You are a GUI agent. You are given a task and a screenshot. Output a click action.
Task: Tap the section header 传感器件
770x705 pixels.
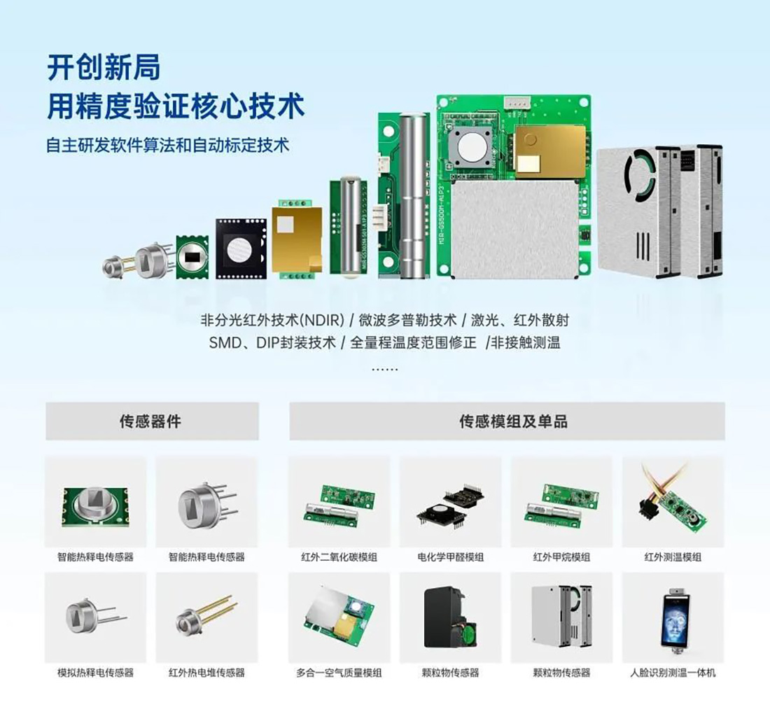(x=150, y=421)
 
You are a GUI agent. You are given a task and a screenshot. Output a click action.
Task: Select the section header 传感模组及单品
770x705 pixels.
(x=513, y=421)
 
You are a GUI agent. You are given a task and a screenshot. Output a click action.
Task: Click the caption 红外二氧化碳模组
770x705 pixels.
(x=339, y=557)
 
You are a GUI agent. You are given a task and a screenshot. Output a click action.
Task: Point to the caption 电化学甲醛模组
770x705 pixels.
(x=450, y=557)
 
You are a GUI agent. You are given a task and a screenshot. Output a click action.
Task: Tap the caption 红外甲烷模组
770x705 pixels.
(x=561, y=557)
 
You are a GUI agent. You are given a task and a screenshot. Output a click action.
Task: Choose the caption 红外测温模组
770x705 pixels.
(x=673, y=557)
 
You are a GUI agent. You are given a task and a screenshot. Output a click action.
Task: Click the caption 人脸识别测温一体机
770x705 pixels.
(x=673, y=673)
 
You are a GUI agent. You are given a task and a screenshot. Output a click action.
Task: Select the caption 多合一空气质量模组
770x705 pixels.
(x=339, y=673)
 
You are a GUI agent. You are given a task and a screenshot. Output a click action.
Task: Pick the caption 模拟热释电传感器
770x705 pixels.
(x=95, y=673)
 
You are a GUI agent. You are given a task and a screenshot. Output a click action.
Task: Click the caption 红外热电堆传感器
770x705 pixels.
(x=206, y=673)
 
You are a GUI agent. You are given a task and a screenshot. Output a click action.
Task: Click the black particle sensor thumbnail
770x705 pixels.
(x=450, y=618)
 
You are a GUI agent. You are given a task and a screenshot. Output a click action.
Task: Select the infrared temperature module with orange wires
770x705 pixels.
(x=673, y=502)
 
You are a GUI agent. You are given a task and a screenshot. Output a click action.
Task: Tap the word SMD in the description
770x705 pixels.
(x=225, y=342)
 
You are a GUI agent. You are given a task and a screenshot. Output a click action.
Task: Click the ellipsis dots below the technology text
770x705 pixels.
(x=384, y=368)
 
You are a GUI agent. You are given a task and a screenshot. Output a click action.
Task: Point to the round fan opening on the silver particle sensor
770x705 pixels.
(x=639, y=175)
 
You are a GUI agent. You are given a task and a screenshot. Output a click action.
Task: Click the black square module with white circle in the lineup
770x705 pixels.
(x=241, y=249)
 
